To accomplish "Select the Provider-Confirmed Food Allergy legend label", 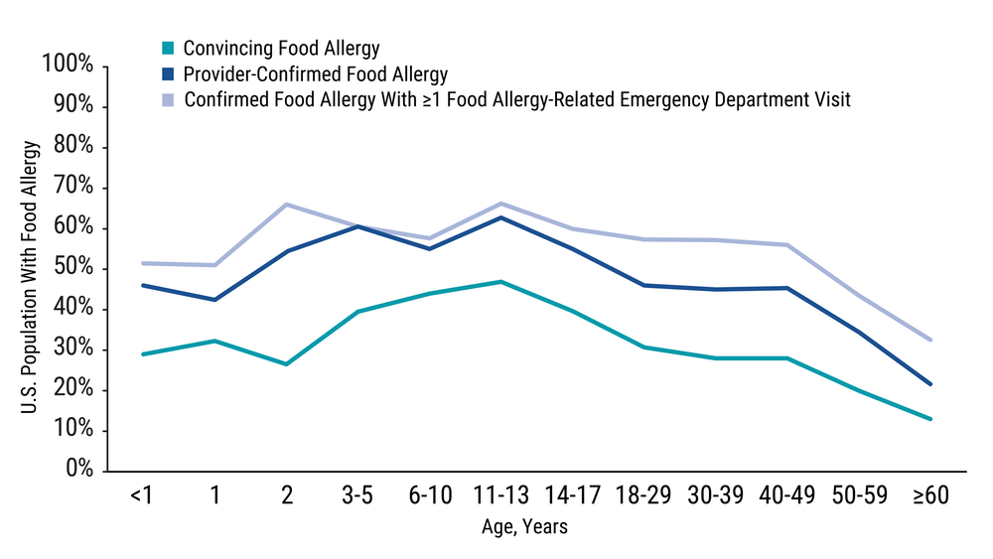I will tap(316, 73).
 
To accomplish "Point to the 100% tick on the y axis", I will tap(69, 66).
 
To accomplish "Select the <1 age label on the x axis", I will tap(141, 495).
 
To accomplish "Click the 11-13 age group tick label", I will tap(501, 495).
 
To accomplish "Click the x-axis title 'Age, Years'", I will tap(526, 527).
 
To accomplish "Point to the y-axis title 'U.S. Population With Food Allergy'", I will tap(30, 268).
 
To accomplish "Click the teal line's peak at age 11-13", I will tap(501, 282).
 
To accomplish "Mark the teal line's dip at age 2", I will tap(286, 364).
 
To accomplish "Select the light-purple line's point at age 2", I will tap(286, 205).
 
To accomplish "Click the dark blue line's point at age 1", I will tap(214, 299).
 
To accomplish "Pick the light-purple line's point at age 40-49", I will tap(787, 245).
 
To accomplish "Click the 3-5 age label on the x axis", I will tap(357, 495).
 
